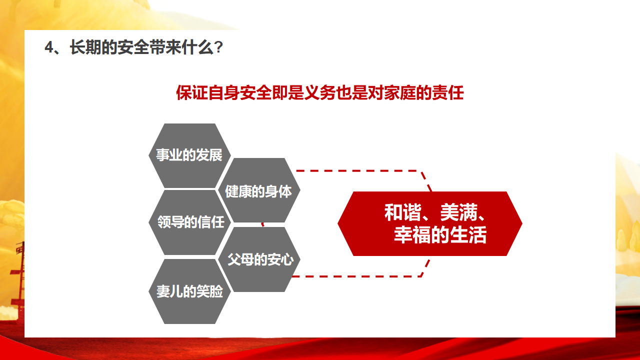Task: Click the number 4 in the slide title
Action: tap(49, 47)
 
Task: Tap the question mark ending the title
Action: tap(219, 47)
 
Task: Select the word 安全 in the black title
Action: tap(133, 47)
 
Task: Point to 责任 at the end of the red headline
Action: tap(447, 92)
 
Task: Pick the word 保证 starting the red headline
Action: tap(192, 92)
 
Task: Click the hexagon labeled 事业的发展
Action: tap(189, 155)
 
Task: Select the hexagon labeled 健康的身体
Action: tap(259, 190)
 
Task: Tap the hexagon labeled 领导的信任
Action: tap(189, 222)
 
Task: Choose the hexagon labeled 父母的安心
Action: tap(259, 259)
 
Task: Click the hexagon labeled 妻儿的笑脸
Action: tap(189, 291)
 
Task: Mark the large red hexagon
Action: tap(430, 223)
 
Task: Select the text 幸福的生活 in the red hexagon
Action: tap(440, 235)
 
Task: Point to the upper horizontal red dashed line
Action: tap(358, 171)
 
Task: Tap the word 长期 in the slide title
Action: tap(85, 47)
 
